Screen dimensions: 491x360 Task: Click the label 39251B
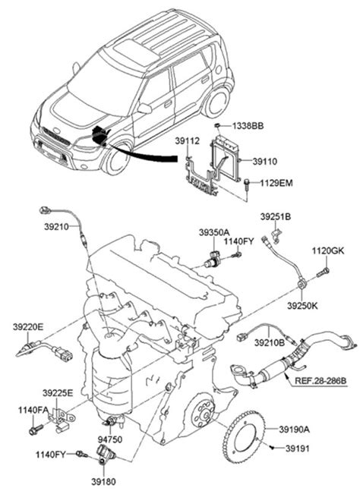pyautogui.click(x=276, y=216)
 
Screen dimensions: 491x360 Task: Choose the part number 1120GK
pyautogui.click(x=327, y=250)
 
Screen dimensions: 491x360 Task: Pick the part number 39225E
pyautogui.click(x=58, y=393)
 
